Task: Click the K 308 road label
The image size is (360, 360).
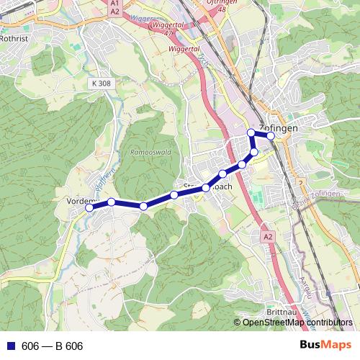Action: pyautogui.click(x=102, y=84)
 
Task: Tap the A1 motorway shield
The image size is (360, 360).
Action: pyautogui.click(x=115, y=4)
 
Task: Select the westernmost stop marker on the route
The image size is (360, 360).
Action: pyautogui.click(x=89, y=207)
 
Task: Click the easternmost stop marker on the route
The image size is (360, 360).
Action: pyautogui.click(x=271, y=135)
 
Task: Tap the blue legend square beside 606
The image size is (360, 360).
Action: pyautogui.click(x=9, y=346)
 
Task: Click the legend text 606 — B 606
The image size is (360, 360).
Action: pyautogui.click(x=53, y=346)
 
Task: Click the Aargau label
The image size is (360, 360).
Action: pyautogui.click(x=307, y=287)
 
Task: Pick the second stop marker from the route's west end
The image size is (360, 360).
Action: pyautogui.click(x=112, y=202)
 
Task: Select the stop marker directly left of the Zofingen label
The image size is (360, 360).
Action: pyautogui.click(x=251, y=132)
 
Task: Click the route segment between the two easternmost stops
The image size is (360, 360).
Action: pyautogui.click(x=261, y=134)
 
